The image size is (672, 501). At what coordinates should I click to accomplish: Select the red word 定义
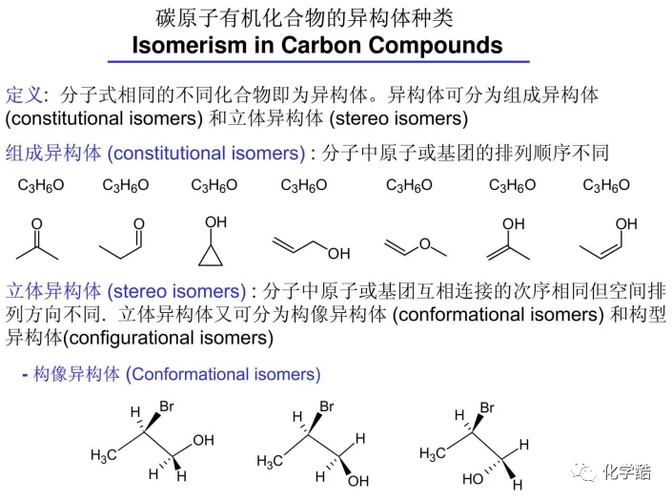pos(25,95)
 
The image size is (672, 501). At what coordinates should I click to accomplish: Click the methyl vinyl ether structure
pos(415,244)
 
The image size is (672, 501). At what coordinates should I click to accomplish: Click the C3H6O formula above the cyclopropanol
pos(214,186)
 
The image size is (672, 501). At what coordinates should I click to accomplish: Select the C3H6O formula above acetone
pos(41,186)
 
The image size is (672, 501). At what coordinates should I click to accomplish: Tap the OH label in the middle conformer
pos(358,481)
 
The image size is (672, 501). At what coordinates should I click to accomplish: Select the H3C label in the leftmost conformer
pos(104,455)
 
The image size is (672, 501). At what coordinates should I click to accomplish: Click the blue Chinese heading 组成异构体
pos(53,153)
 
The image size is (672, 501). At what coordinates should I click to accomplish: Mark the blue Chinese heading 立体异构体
pos(53,291)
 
